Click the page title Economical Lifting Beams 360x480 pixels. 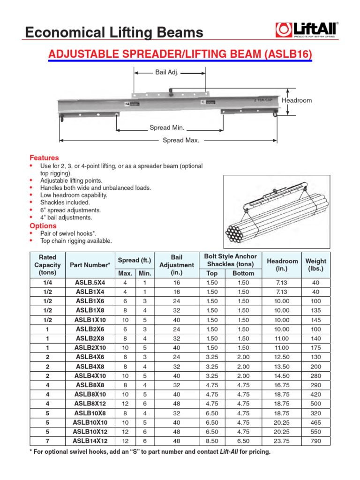click(114, 32)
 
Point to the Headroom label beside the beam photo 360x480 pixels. click(297, 101)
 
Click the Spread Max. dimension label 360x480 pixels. click(180, 140)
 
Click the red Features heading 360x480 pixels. click(44, 158)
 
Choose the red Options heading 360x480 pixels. click(43, 226)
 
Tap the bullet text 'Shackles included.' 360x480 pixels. click(65, 202)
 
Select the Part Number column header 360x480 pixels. click(90, 265)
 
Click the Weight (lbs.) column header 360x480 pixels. click(316, 265)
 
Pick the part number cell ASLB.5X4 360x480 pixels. click(90, 283)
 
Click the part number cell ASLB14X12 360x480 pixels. click(90, 441)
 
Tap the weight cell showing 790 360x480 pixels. click(316, 441)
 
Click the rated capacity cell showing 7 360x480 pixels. click(47, 441)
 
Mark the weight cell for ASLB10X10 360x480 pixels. click(316, 422)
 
